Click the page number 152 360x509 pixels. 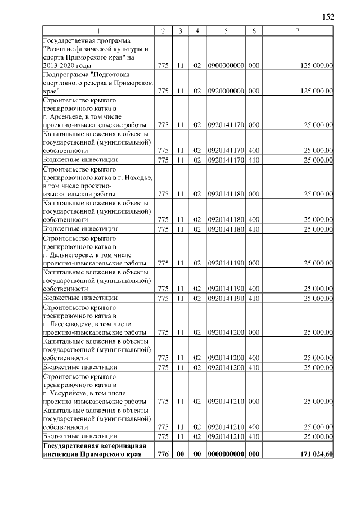[328, 17]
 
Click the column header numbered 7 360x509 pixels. [297, 31]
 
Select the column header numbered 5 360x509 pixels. [225, 31]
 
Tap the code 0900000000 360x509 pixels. [225, 66]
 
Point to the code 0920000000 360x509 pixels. [225, 90]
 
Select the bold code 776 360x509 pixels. [163, 453]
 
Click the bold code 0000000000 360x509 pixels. [225, 453]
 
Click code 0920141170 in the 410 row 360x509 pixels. [225, 160]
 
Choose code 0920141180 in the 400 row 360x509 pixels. [225, 219]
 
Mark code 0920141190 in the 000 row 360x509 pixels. [225, 263]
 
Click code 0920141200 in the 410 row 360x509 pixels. [225, 367]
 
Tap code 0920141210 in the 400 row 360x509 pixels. [225, 427]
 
